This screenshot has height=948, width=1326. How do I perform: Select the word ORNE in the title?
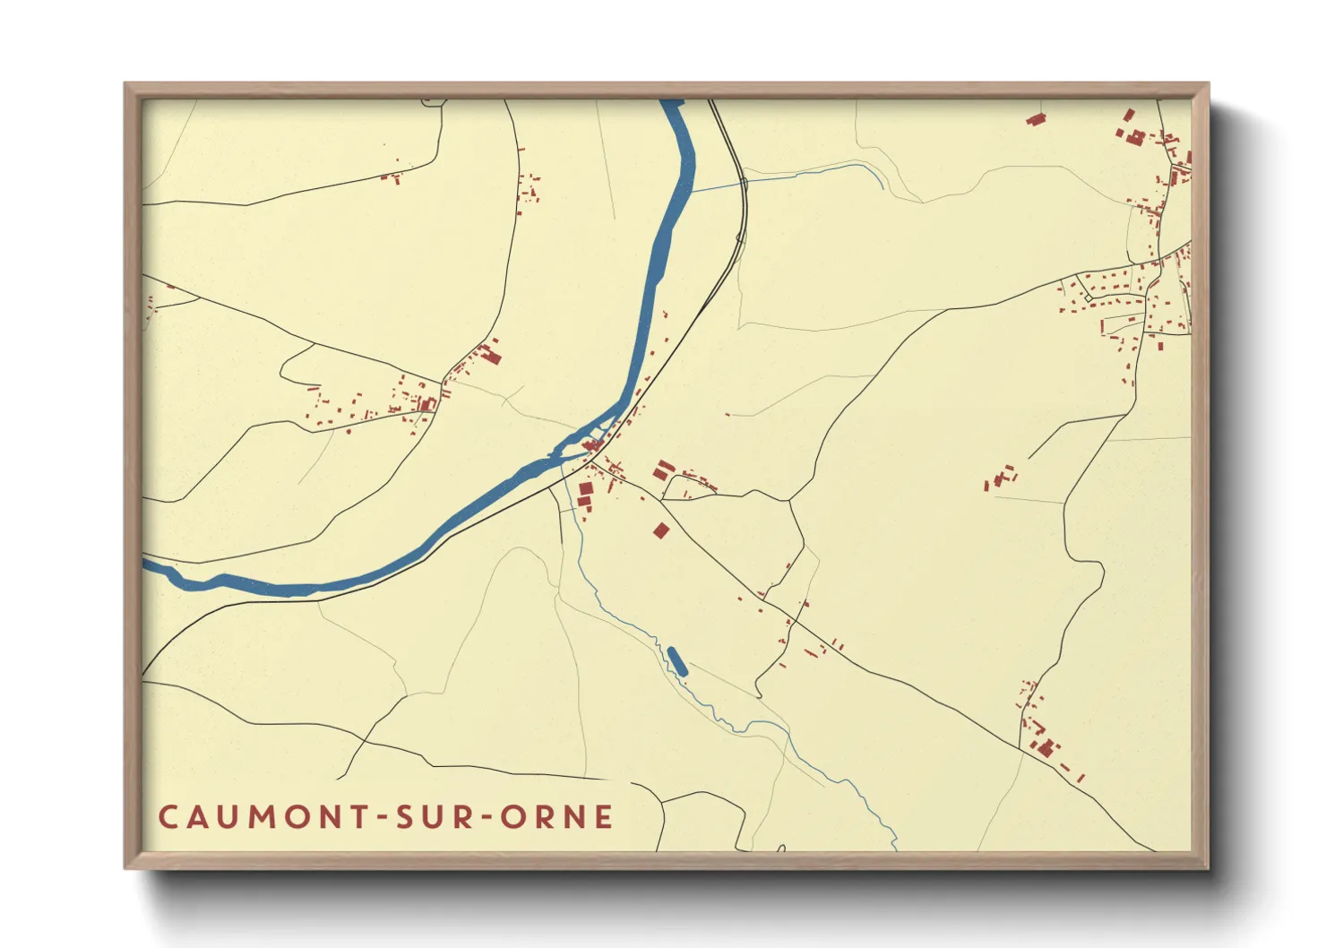tap(556, 817)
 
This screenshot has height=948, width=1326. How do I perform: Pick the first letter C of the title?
tap(168, 817)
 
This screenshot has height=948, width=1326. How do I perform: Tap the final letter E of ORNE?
tap(605, 817)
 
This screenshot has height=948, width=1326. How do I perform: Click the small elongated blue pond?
tap(678, 660)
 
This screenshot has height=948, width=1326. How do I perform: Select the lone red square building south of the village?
tap(661, 530)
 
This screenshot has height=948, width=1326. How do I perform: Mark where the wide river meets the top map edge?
tap(672, 102)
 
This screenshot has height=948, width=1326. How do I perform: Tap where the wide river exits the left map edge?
tap(146, 564)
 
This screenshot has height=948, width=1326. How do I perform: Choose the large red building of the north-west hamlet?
tap(491, 356)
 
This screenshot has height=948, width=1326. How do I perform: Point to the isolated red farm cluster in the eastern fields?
tap(1000, 477)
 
